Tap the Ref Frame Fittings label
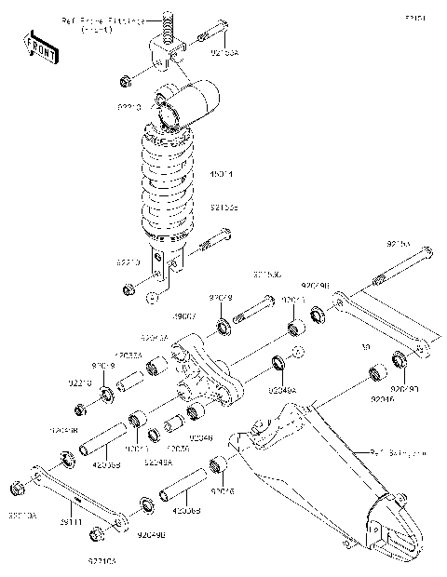102,22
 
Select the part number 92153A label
224,55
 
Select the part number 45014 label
222,174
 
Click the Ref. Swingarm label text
397,452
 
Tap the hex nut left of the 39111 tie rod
17,489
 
